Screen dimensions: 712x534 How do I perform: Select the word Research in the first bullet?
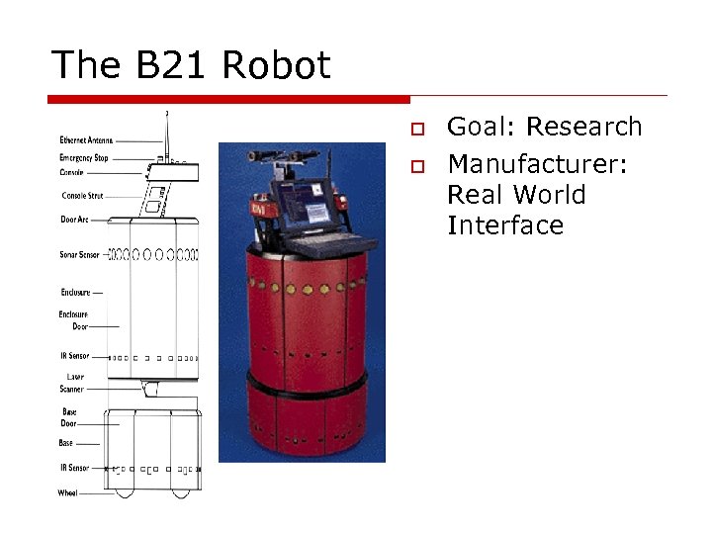click(x=584, y=128)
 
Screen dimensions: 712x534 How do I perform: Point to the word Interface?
click(x=504, y=225)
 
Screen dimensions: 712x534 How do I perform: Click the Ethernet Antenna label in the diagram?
click(x=87, y=140)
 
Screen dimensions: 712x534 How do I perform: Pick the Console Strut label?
click(x=82, y=195)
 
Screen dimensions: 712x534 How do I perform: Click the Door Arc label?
click(x=75, y=220)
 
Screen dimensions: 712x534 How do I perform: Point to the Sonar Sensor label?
click(x=79, y=254)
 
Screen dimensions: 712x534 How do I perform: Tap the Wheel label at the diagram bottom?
click(x=67, y=492)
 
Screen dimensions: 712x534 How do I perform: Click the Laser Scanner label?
click(x=73, y=383)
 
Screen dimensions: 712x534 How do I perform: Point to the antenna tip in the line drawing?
click(x=167, y=115)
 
